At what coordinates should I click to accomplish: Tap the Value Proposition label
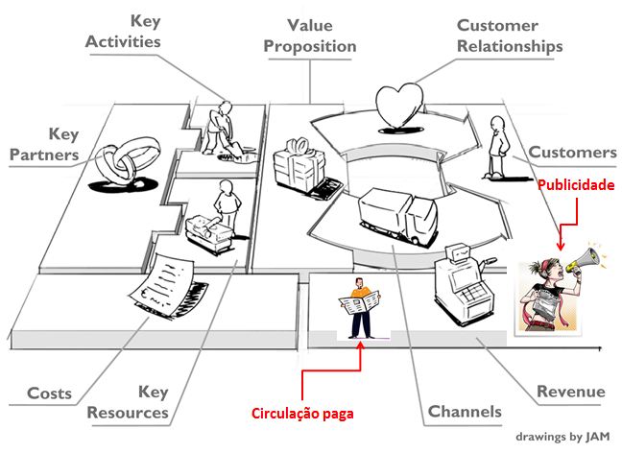[x=309, y=35]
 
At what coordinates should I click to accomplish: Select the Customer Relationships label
[x=509, y=36]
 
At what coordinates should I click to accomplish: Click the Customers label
[x=573, y=152]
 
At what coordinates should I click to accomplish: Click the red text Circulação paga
[x=303, y=415]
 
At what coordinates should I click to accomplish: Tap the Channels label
[x=465, y=412]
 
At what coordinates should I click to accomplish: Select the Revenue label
[x=570, y=392]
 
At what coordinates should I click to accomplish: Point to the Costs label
[x=49, y=393]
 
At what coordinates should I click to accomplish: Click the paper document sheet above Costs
[x=173, y=278]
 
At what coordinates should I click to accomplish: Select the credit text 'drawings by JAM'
[x=562, y=435]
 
